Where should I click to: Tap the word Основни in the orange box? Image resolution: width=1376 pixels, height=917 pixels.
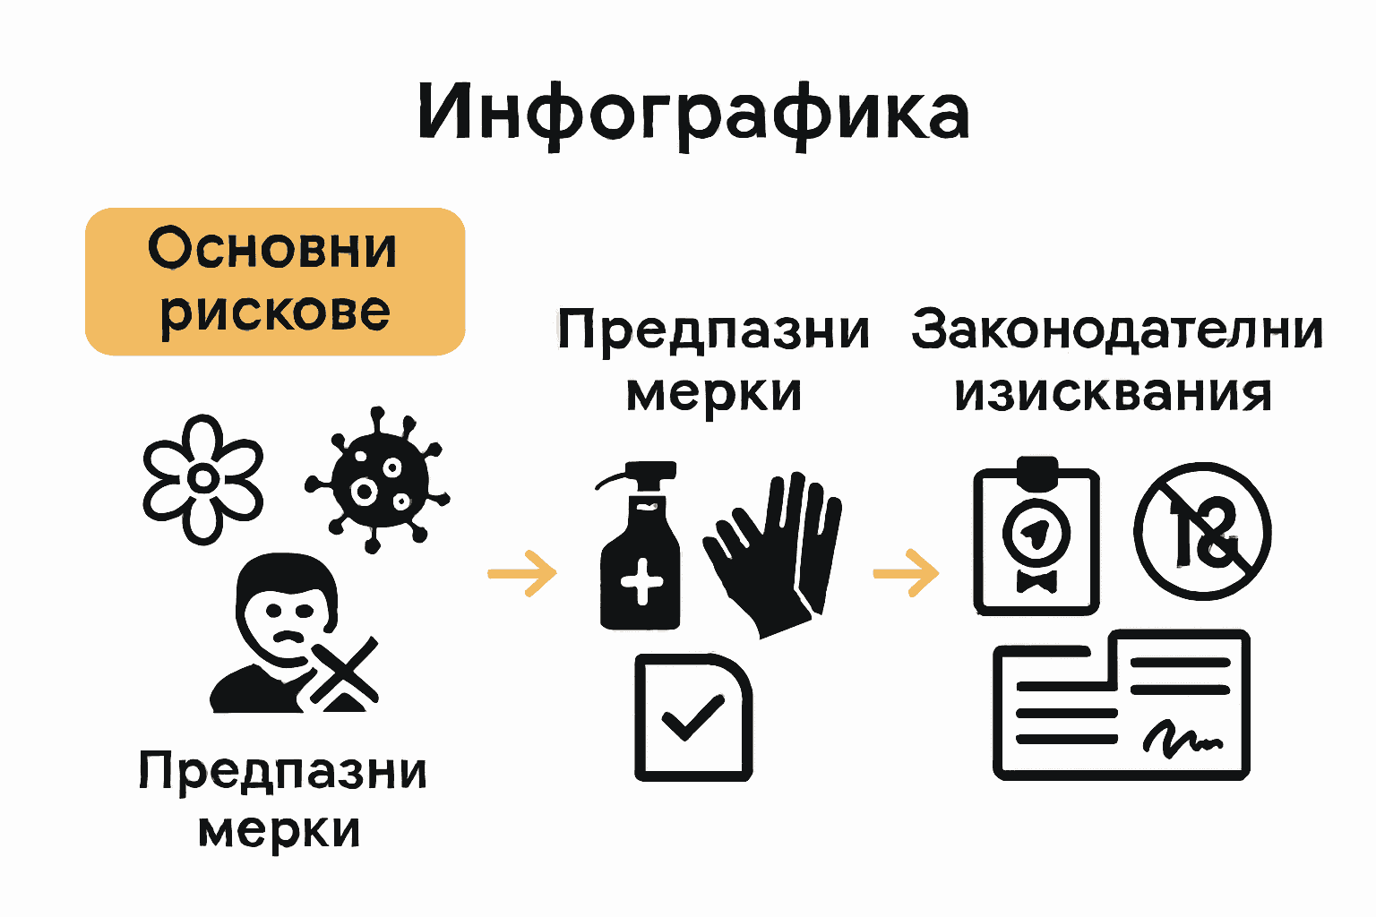[272, 249]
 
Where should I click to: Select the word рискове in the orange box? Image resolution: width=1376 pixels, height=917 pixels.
[275, 312]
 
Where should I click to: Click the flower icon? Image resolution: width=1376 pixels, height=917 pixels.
[203, 478]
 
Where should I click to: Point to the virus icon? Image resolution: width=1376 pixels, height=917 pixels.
[376, 480]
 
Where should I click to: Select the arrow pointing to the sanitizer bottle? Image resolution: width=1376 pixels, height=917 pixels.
[522, 573]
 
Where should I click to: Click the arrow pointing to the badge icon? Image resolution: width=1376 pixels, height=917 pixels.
[906, 571]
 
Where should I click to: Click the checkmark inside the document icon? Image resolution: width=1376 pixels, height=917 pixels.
[691, 716]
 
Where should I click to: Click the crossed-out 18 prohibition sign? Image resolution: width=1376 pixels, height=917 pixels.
[1202, 531]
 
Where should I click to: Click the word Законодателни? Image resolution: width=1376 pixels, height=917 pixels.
[1117, 330]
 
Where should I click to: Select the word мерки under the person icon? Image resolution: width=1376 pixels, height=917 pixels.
[279, 831]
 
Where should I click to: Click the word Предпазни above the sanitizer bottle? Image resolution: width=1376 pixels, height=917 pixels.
[713, 331]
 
